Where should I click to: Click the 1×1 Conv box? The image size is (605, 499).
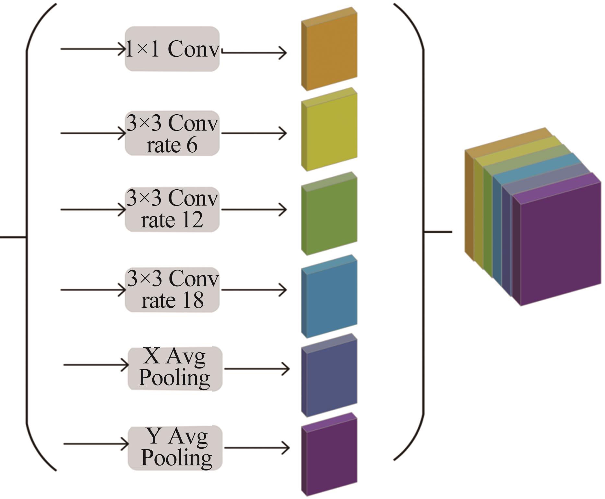172,49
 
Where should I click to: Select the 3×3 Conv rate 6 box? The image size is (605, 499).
172,133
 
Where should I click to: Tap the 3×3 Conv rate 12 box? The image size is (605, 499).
172,209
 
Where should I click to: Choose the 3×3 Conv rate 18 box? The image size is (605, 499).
172,290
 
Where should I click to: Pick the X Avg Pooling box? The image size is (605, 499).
175,368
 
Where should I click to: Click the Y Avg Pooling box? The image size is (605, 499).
175,448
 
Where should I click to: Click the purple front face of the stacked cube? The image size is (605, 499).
561,247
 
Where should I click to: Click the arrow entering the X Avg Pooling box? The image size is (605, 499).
96,365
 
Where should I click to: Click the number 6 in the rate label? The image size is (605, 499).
192,145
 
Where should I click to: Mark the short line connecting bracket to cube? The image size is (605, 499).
438,232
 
